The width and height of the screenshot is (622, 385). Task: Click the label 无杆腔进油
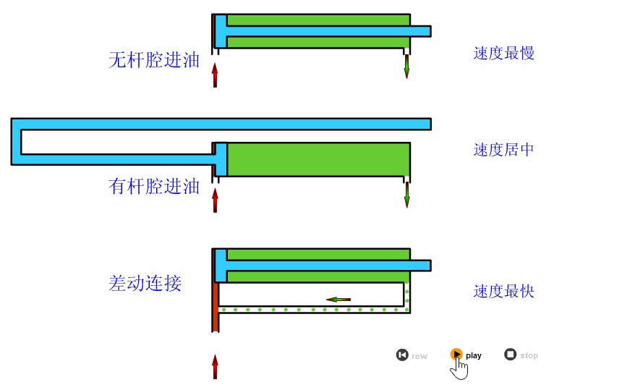(x=154, y=60)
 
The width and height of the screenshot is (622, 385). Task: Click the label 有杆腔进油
(x=154, y=187)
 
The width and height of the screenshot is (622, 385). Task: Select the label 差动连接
(x=145, y=283)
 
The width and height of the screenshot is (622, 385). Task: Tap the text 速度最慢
(x=504, y=54)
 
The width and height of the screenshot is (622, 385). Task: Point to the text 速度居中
(x=504, y=150)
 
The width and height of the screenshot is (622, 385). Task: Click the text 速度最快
(x=504, y=292)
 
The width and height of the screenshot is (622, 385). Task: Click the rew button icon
(x=402, y=355)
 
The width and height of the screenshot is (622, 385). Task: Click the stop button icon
(x=510, y=355)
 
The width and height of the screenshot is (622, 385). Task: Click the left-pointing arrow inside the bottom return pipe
(x=338, y=299)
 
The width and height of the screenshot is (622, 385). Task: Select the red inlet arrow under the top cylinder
(x=215, y=75)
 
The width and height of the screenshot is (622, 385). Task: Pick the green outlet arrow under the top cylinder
(x=406, y=67)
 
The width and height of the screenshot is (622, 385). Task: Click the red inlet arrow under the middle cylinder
(x=215, y=200)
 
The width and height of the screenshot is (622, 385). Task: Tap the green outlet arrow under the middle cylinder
(x=406, y=194)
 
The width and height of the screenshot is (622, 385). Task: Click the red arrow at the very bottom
(x=215, y=366)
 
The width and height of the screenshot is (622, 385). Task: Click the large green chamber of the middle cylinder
(x=318, y=159)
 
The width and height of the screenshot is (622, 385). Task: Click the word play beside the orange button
(x=474, y=355)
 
